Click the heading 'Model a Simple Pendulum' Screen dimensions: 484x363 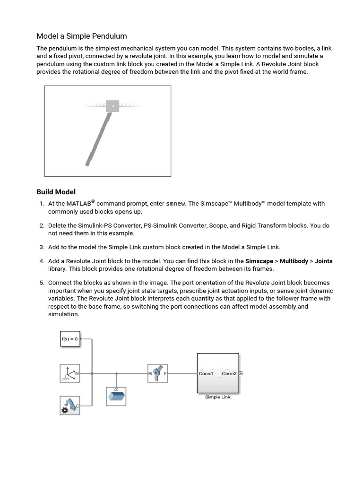pos(82,36)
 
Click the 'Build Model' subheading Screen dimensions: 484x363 pos(56,192)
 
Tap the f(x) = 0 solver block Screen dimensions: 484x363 pos(70,339)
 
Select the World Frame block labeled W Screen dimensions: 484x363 pos(70,373)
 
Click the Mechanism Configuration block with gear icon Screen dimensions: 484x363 pos(70,406)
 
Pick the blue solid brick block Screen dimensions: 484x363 pos(116,396)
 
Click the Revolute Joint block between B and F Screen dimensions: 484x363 pos(158,373)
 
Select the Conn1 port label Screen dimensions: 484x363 pos(206,373)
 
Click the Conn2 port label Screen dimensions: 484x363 pos(229,373)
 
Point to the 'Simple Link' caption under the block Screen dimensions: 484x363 pos(217,397)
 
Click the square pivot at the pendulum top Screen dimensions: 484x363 pos(112,106)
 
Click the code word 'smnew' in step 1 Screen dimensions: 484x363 pos(175,204)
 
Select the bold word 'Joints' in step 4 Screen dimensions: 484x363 pos(323,261)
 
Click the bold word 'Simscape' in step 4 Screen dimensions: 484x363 pos(259,261)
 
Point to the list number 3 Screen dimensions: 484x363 pos(42,247)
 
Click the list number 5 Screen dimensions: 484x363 pos(42,283)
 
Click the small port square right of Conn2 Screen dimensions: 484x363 pos(241,373)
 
